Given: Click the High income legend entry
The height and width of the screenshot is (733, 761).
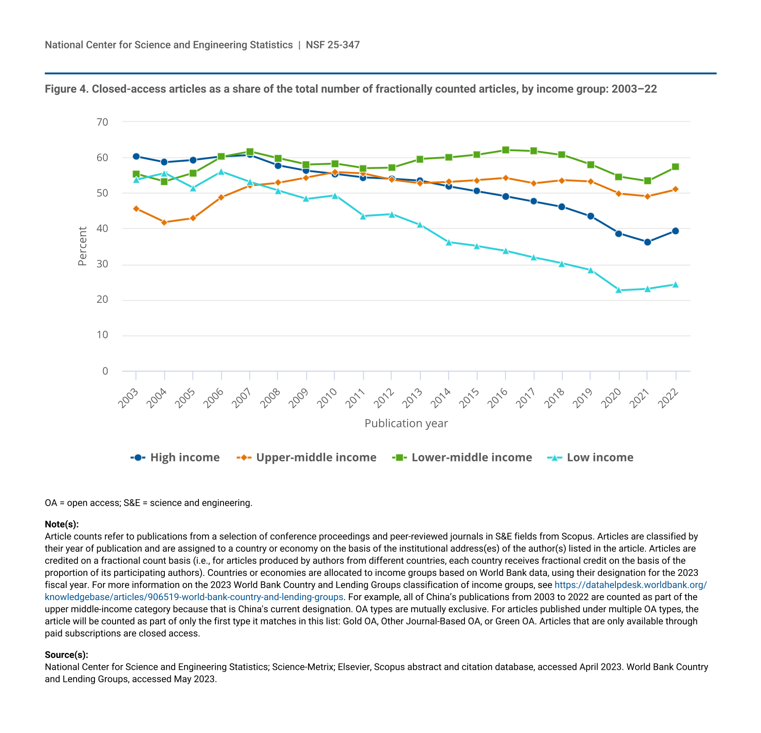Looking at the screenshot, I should click(175, 457).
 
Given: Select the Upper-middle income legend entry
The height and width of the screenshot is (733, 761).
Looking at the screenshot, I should click(306, 457).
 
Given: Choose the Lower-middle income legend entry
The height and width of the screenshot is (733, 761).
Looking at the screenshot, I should click(462, 457).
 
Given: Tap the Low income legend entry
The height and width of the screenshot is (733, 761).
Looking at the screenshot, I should click(590, 457).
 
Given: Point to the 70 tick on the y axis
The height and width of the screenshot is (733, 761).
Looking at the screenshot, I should click(102, 122).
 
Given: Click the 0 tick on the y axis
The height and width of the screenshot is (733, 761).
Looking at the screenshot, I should click(105, 371).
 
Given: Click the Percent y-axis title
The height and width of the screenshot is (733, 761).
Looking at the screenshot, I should click(82, 246).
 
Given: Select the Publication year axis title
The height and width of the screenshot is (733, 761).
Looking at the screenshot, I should click(406, 423).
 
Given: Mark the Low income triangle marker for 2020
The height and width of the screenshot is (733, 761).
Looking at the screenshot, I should click(619, 290).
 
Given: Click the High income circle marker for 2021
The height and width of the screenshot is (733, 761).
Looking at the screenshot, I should click(647, 242).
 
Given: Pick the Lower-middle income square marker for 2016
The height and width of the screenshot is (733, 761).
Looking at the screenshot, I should click(505, 150).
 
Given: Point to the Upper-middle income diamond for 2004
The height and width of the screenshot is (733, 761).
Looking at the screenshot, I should click(164, 222).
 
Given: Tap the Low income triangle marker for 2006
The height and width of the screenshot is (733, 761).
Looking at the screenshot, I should click(221, 171).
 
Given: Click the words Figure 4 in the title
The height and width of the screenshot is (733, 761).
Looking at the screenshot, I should click(66, 89).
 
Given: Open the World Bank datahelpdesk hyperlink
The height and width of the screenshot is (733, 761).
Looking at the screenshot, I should click(631, 585).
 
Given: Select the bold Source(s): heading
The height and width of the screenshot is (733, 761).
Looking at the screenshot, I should click(66, 655).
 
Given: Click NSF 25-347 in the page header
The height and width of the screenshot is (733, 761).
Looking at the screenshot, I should click(333, 45).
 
